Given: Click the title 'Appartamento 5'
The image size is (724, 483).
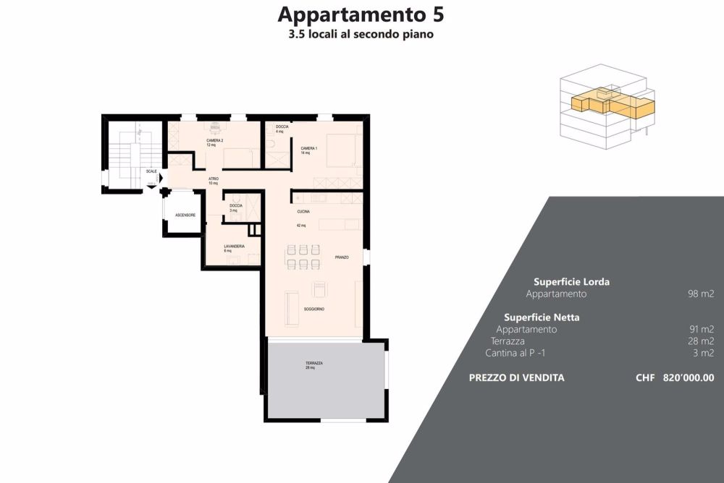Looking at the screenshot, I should pos(361,14).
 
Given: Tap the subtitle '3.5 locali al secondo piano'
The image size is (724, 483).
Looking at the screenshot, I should pos(361,34).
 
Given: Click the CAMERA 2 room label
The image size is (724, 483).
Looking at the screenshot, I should pos(214,140).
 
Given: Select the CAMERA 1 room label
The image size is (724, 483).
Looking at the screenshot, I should pos(309,148).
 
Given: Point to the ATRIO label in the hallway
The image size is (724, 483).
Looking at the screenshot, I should pos(214,179).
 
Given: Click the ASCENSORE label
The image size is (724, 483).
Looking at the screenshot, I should pos(185,215).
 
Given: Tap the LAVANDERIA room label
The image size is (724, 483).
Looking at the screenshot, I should pos(234,247).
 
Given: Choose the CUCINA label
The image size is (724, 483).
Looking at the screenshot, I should pos(303,212).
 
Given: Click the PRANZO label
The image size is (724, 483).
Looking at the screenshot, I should pos(342,257).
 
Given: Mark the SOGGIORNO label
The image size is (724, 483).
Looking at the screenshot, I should pos(313,309).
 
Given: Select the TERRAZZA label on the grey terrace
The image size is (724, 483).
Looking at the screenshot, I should pos(314,363).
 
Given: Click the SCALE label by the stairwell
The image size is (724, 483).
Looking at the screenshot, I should pos(151,171).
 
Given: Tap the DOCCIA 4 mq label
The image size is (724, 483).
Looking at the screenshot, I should pos(282,127).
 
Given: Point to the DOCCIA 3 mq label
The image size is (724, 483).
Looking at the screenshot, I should pos(236,206).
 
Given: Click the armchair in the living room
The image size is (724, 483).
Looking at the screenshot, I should pos(319,289).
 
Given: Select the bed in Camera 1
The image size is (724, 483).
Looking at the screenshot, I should pos(337,150).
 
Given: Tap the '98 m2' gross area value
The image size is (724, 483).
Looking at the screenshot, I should pos(701,294).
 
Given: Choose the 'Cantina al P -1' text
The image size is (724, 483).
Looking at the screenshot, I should pos(521,353).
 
